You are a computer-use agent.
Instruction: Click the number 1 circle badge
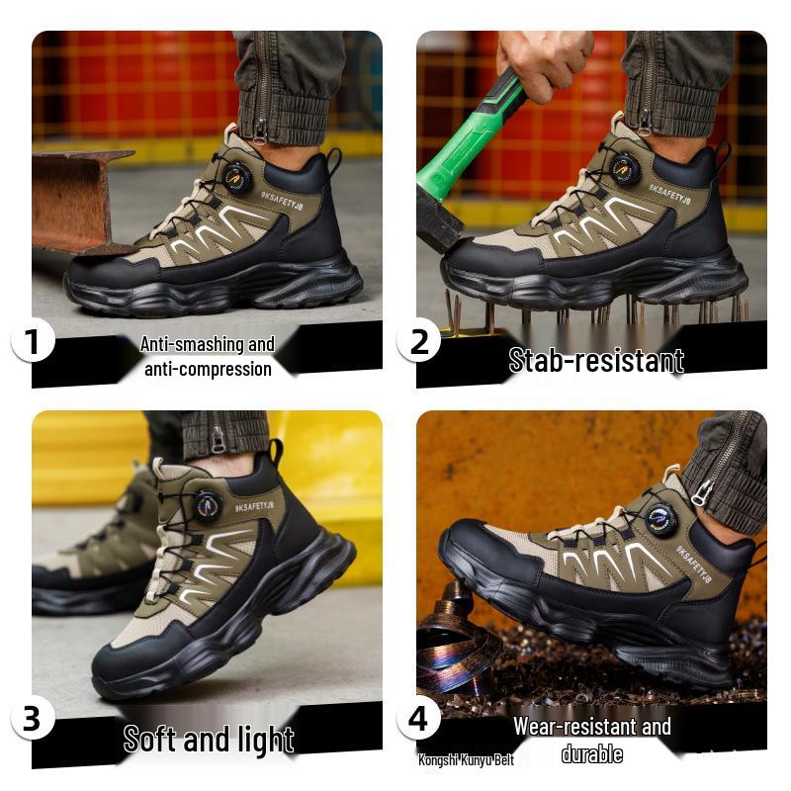33,342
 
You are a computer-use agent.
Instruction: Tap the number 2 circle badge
418,342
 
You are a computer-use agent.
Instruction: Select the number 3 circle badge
33,719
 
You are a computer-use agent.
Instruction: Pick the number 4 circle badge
418,719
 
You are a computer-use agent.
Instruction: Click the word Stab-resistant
595,361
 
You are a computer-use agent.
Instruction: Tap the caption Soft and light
209,740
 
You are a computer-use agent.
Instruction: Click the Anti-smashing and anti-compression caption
207,356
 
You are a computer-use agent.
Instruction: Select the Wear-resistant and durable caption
591,740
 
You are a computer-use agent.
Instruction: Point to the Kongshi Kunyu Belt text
466,760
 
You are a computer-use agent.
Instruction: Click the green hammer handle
465,143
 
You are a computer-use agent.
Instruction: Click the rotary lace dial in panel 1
236,177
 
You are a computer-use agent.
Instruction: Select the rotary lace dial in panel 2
623,169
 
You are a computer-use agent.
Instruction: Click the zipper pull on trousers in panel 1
261,131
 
